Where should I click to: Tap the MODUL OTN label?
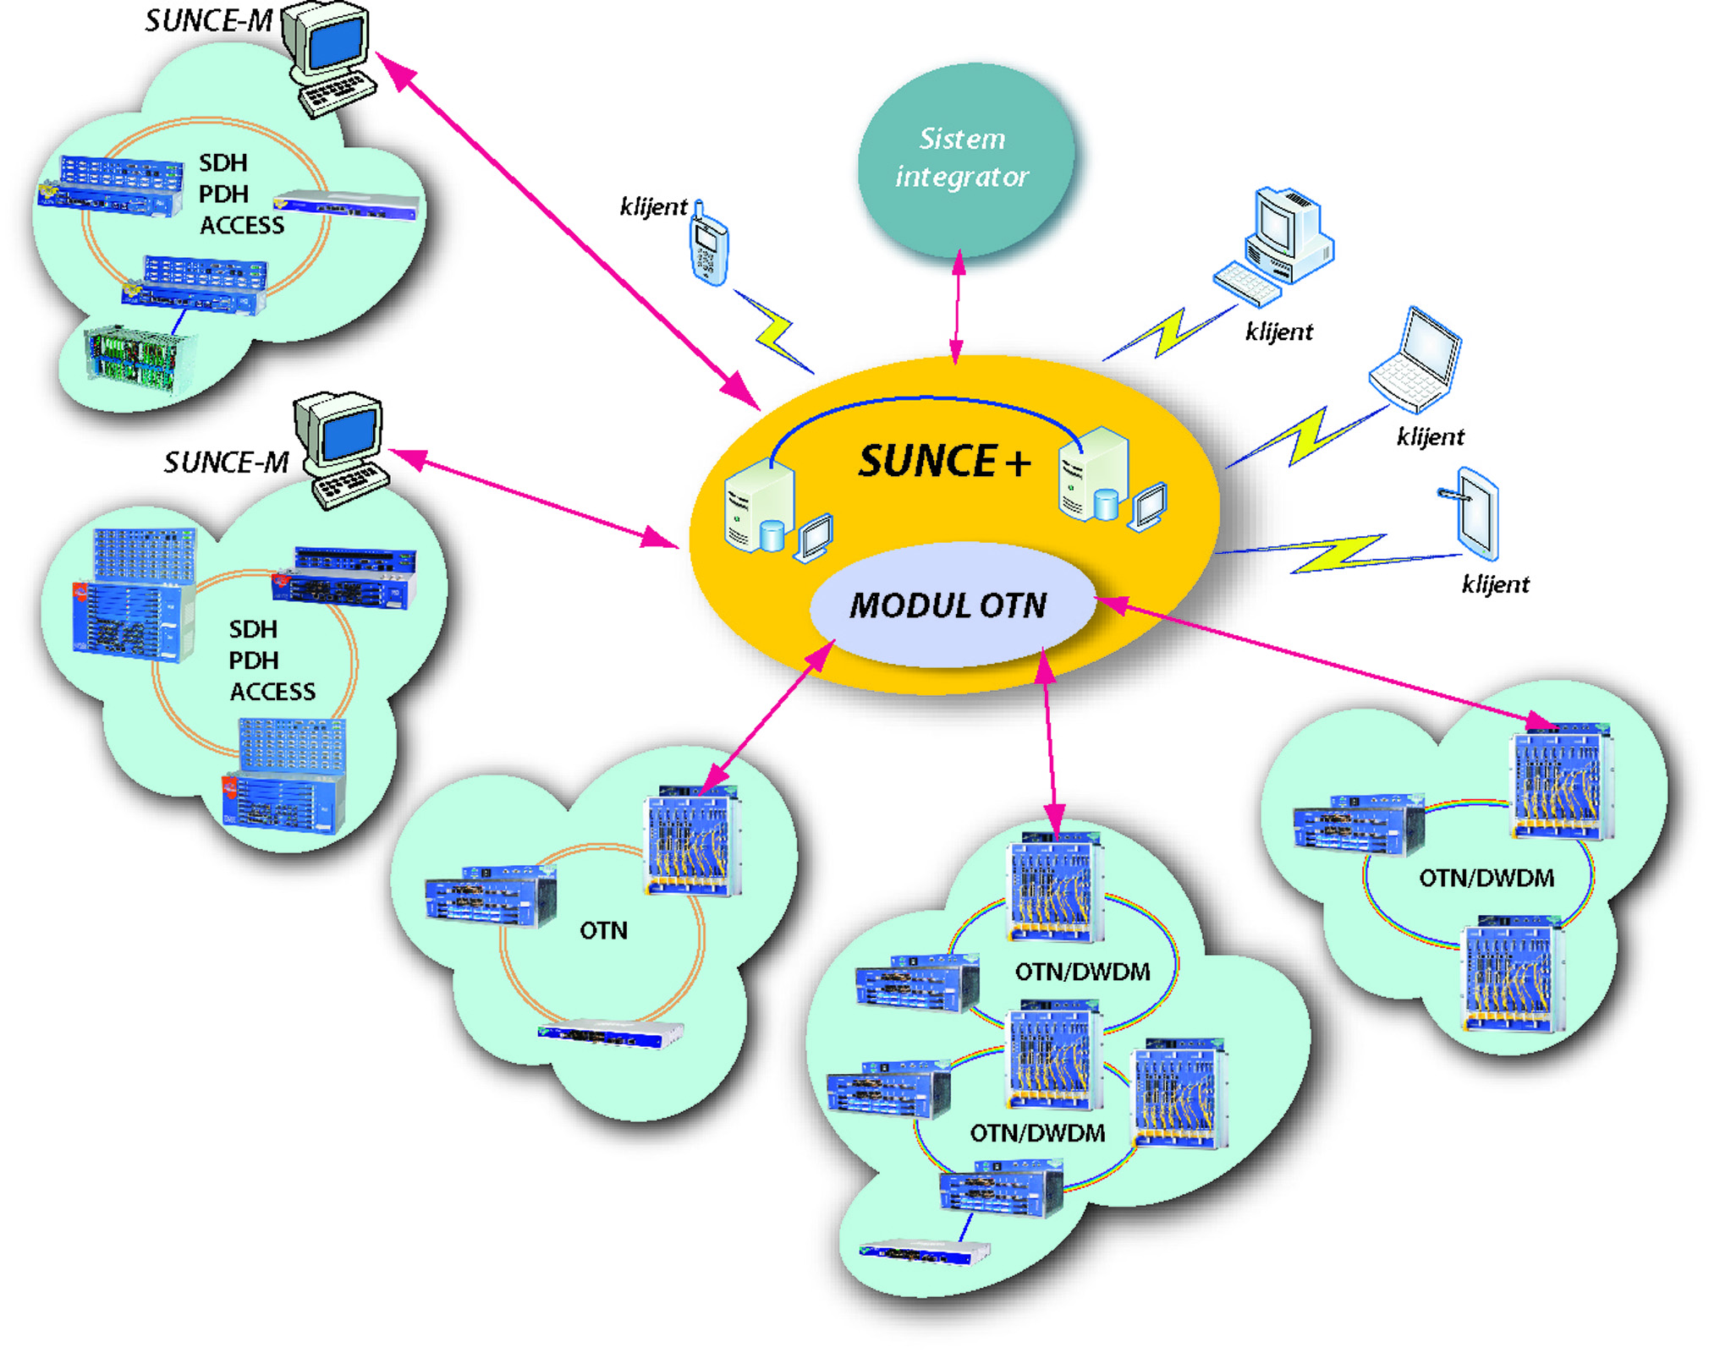[948, 605]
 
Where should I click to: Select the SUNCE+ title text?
[943, 462]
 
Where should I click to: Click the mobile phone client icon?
[708, 244]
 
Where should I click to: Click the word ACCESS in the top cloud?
[242, 226]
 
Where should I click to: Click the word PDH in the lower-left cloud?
[253, 660]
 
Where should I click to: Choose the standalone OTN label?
[603, 931]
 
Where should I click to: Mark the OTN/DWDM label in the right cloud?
[1486, 878]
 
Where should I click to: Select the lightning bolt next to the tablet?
[1337, 553]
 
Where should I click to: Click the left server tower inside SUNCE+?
[759, 507]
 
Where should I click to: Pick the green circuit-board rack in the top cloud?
[135, 359]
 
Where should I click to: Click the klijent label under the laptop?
[1430, 437]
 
